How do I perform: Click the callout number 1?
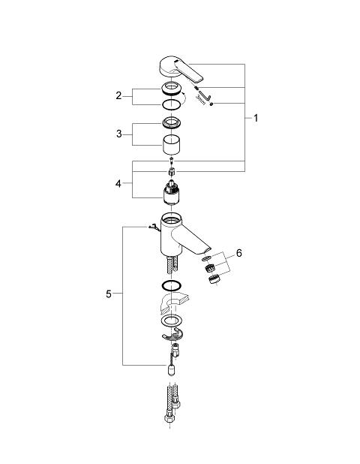coord(256,118)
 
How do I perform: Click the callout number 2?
coord(118,95)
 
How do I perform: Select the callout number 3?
coord(118,134)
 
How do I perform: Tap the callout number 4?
coord(118,184)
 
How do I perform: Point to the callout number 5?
coord(109,294)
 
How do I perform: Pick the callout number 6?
coord(238,253)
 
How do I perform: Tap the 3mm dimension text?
coord(201,99)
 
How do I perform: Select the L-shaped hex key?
coord(205,95)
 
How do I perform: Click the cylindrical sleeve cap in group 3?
coord(172,145)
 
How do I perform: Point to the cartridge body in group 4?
coord(172,192)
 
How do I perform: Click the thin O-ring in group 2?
coord(171,104)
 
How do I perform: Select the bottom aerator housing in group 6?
coord(213,279)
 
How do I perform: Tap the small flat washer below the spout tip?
coord(207,258)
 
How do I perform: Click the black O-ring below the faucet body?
coord(172,285)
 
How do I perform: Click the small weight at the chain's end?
coord(172,369)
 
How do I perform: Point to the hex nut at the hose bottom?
coord(169,418)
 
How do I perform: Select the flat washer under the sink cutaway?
coord(172,320)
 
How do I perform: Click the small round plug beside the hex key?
coord(211,104)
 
